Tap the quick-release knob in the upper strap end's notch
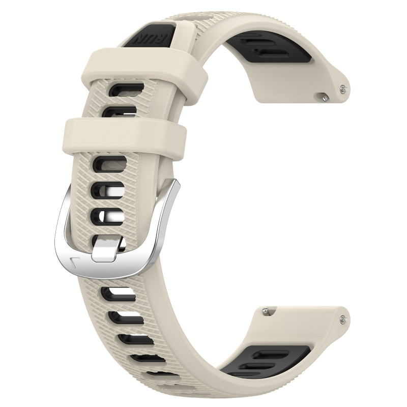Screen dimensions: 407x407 (323, 94)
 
